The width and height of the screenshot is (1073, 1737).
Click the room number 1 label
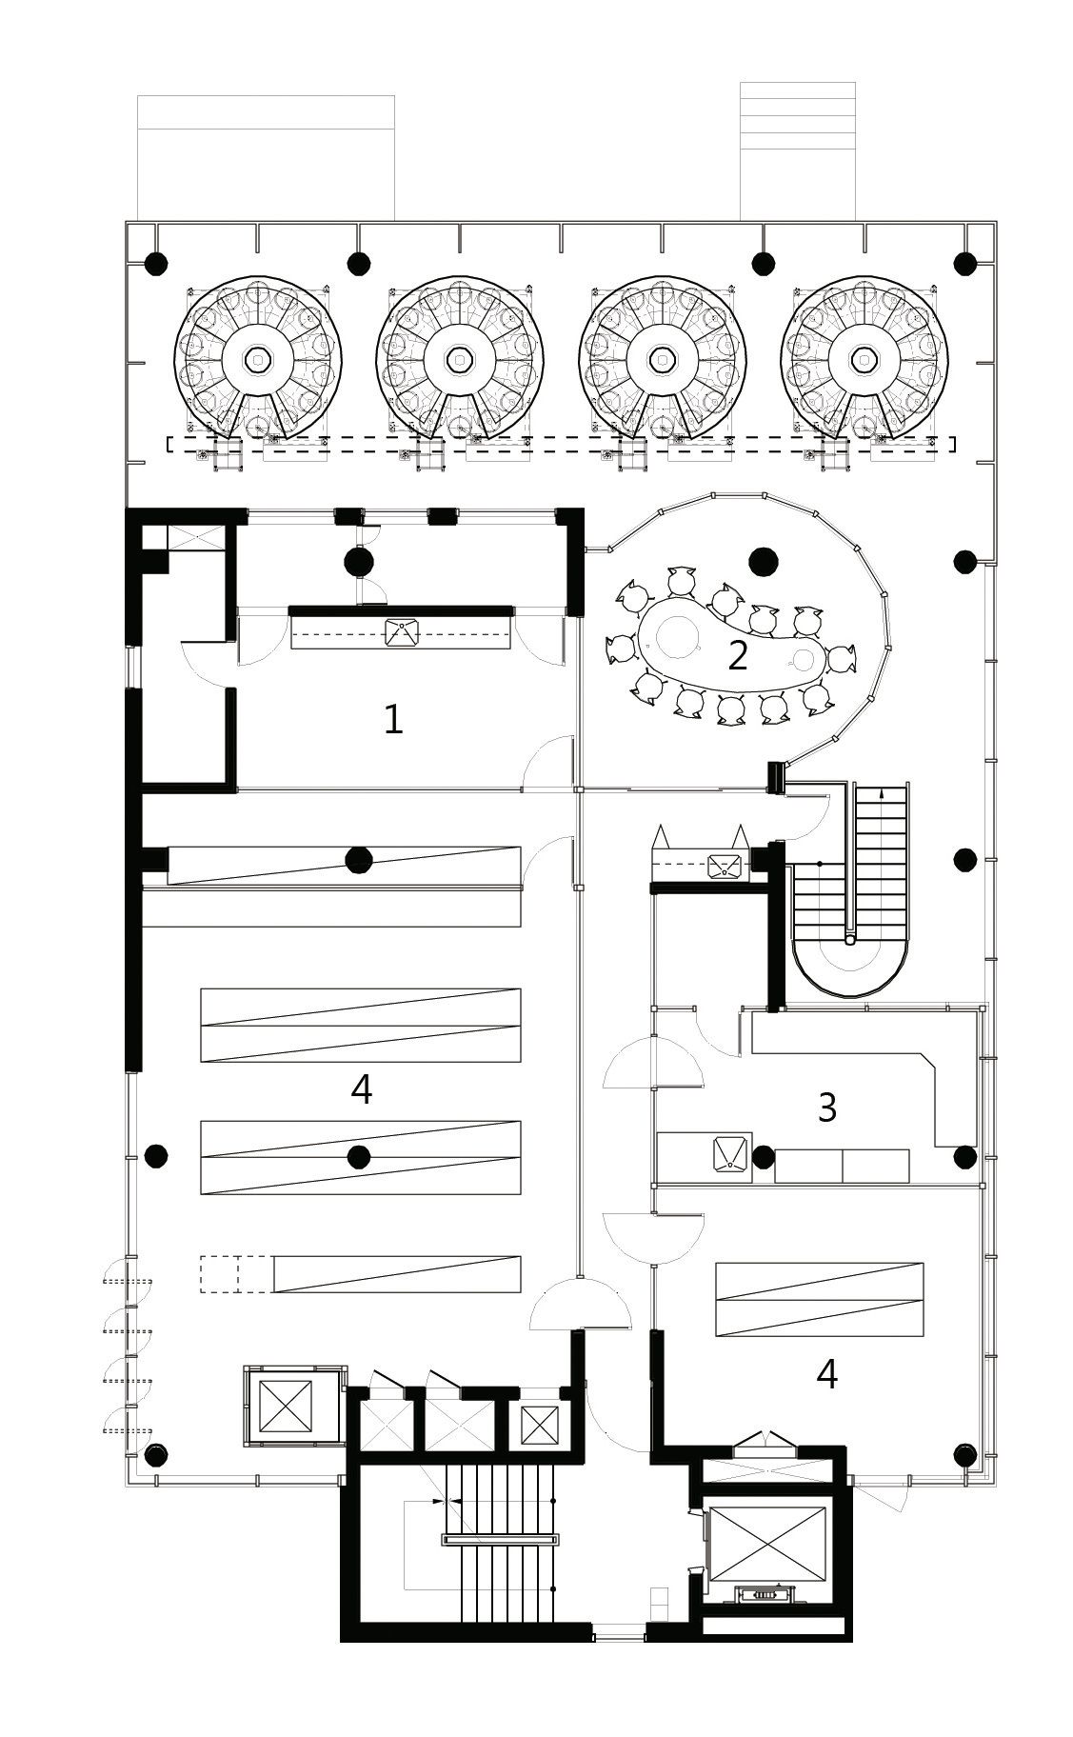(x=393, y=721)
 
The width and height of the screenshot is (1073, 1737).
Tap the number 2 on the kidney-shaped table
(x=737, y=656)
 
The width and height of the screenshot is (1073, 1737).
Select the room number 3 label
(x=826, y=1108)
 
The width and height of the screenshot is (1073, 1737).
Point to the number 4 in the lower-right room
(x=826, y=1374)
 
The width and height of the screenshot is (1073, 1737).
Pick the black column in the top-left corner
(x=153, y=263)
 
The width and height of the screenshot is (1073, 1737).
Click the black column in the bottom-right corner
(x=965, y=1455)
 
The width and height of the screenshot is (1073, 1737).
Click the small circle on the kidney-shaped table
(x=806, y=658)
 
